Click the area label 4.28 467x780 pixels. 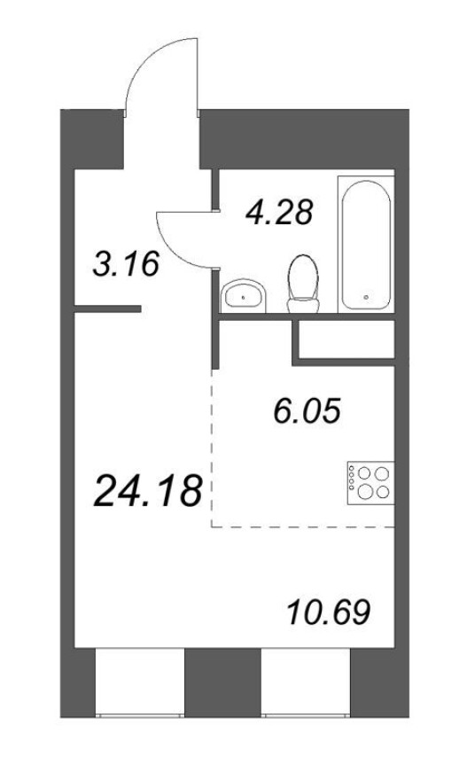point(279,213)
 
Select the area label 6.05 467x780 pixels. point(307,412)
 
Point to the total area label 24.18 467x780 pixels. point(148,489)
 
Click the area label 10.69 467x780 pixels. point(329,612)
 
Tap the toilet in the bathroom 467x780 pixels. point(303,284)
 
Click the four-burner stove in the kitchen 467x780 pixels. point(370,482)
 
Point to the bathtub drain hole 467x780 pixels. point(367,298)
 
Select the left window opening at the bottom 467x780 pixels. point(140,682)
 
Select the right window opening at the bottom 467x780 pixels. point(306,682)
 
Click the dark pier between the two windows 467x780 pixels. point(222,682)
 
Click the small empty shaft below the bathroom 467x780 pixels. point(346,339)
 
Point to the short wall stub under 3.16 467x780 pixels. point(107,309)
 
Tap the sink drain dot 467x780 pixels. point(243,298)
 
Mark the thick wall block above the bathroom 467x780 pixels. point(303,139)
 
